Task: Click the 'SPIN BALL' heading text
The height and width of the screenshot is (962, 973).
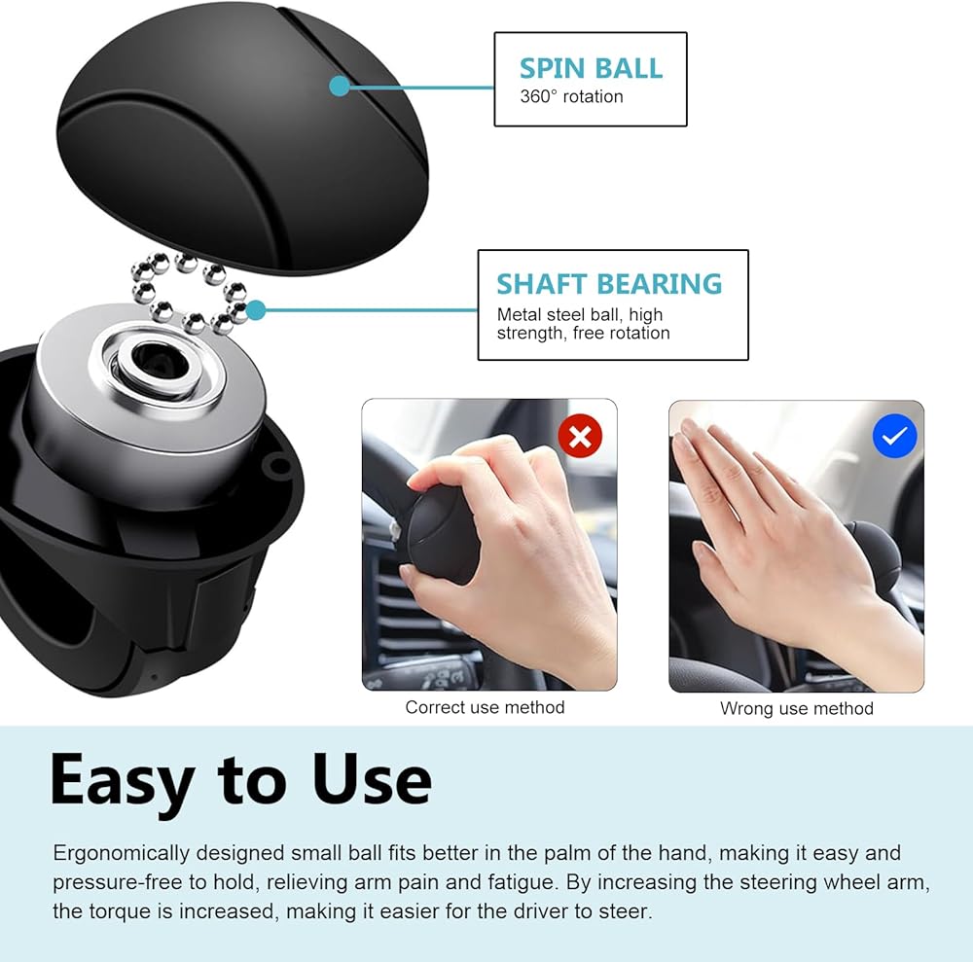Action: (591, 68)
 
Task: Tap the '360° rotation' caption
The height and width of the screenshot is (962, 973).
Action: (571, 96)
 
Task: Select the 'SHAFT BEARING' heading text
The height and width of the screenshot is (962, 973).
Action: (609, 284)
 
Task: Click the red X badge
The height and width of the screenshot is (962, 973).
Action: (580, 436)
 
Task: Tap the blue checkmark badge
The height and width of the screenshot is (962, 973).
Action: (895, 436)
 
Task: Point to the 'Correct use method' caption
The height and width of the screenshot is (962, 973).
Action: (485, 707)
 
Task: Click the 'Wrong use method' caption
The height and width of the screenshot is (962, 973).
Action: (797, 708)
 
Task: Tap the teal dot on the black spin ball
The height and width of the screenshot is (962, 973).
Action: (340, 86)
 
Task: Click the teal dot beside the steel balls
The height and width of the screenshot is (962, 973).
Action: (256, 309)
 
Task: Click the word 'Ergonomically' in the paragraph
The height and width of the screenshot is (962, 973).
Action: (121, 853)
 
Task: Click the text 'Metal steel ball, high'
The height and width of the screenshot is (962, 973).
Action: (580, 314)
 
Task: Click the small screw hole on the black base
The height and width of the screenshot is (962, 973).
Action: (280, 464)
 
